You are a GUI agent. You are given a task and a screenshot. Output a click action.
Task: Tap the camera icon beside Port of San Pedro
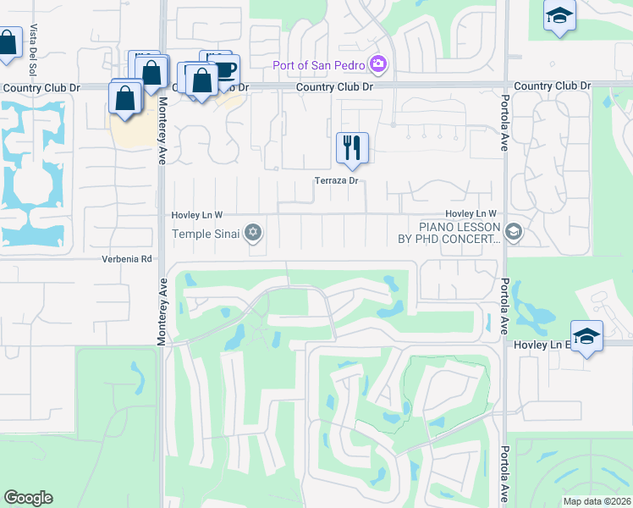click(378, 64)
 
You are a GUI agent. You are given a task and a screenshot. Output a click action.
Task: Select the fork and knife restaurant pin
click(352, 149)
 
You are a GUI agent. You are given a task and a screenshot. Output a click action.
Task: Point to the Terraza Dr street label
click(339, 180)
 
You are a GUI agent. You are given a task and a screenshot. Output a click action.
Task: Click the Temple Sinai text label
click(206, 233)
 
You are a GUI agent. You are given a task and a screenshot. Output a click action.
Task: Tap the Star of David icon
click(252, 232)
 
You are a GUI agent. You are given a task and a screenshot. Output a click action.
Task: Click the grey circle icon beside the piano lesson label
click(512, 231)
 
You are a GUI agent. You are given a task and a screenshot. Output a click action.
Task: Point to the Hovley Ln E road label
click(542, 345)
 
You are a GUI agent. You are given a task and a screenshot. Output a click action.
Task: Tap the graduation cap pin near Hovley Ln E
click(586, 338)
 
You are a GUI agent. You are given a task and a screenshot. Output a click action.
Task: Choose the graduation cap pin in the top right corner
click(559, 17)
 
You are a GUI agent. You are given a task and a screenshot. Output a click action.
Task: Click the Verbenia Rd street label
click(127, 259)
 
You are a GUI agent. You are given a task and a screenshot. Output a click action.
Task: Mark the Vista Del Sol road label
click(34, 39)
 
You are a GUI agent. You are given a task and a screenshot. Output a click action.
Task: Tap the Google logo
click(28, 498)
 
